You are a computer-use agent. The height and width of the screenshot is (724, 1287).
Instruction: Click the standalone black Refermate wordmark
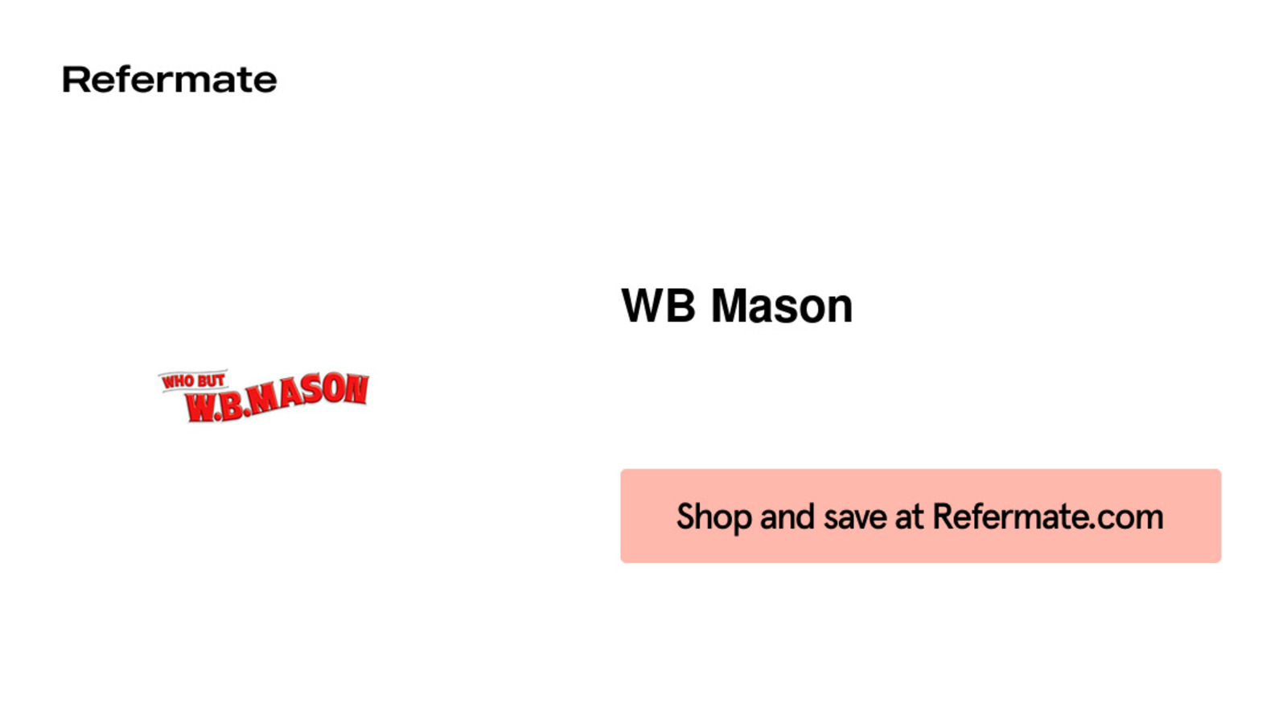click(170, 80)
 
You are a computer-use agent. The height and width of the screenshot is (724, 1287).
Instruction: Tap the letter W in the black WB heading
click(643, 306)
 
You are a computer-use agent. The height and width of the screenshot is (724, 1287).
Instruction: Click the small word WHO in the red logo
click(179, 381)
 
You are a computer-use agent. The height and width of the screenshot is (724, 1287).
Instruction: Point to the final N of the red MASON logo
click(357, 389)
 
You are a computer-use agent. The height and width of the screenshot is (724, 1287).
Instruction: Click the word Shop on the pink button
click(714, 517)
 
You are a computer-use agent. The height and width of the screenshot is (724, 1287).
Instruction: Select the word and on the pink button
click(787, 516)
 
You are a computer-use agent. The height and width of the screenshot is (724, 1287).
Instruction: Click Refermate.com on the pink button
click(1048, 516)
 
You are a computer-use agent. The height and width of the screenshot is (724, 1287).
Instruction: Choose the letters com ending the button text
click(1131, 518)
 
